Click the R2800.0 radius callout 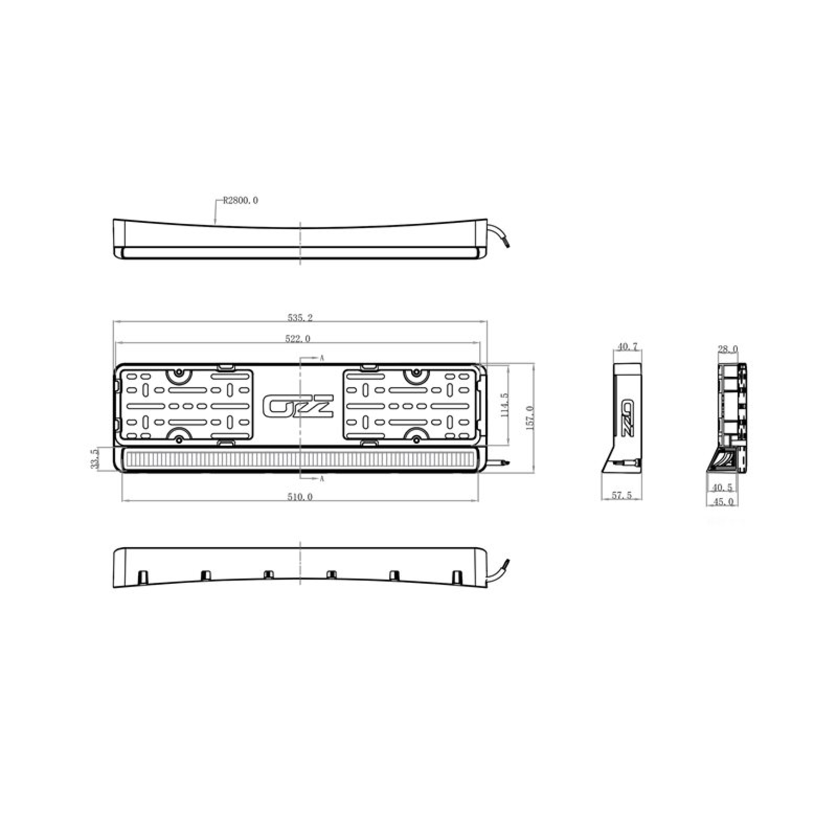pos(240,200)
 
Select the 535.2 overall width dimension pos(300,318)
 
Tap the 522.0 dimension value pos(298,339)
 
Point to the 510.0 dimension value pos(300,497)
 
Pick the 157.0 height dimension pos(530,417)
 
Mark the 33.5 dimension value pos(94,459)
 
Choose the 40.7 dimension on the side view pos(627,347)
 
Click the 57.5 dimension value pos(622,495)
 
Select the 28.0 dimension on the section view pos(728,349)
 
